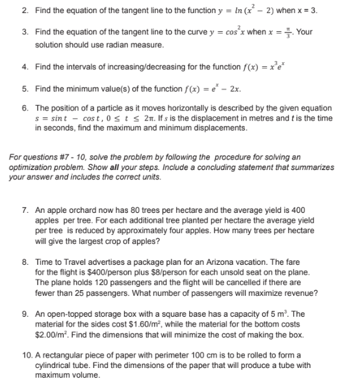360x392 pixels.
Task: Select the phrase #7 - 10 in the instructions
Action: [68, 156]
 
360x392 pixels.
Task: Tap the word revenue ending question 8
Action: [299, 293]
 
